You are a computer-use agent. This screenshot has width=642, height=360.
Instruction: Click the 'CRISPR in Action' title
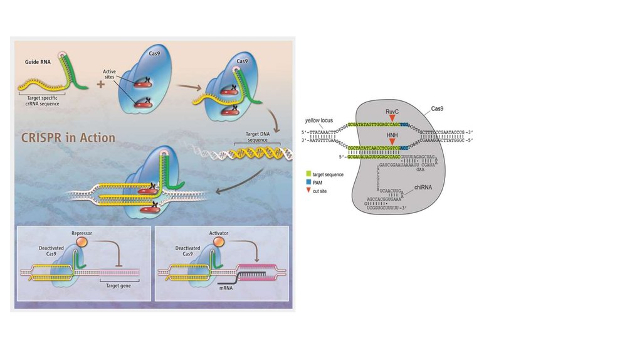click(68, 136)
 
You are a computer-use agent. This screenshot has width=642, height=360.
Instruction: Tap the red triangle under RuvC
click(392, 118)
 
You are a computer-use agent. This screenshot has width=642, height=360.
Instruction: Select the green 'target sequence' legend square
click(308, 172)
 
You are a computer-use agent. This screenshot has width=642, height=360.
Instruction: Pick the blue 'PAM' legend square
click(308, 180)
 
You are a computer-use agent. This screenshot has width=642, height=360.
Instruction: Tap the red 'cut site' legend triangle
click(308, 188)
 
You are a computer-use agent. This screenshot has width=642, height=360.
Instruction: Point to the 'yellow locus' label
click(318, 119)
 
